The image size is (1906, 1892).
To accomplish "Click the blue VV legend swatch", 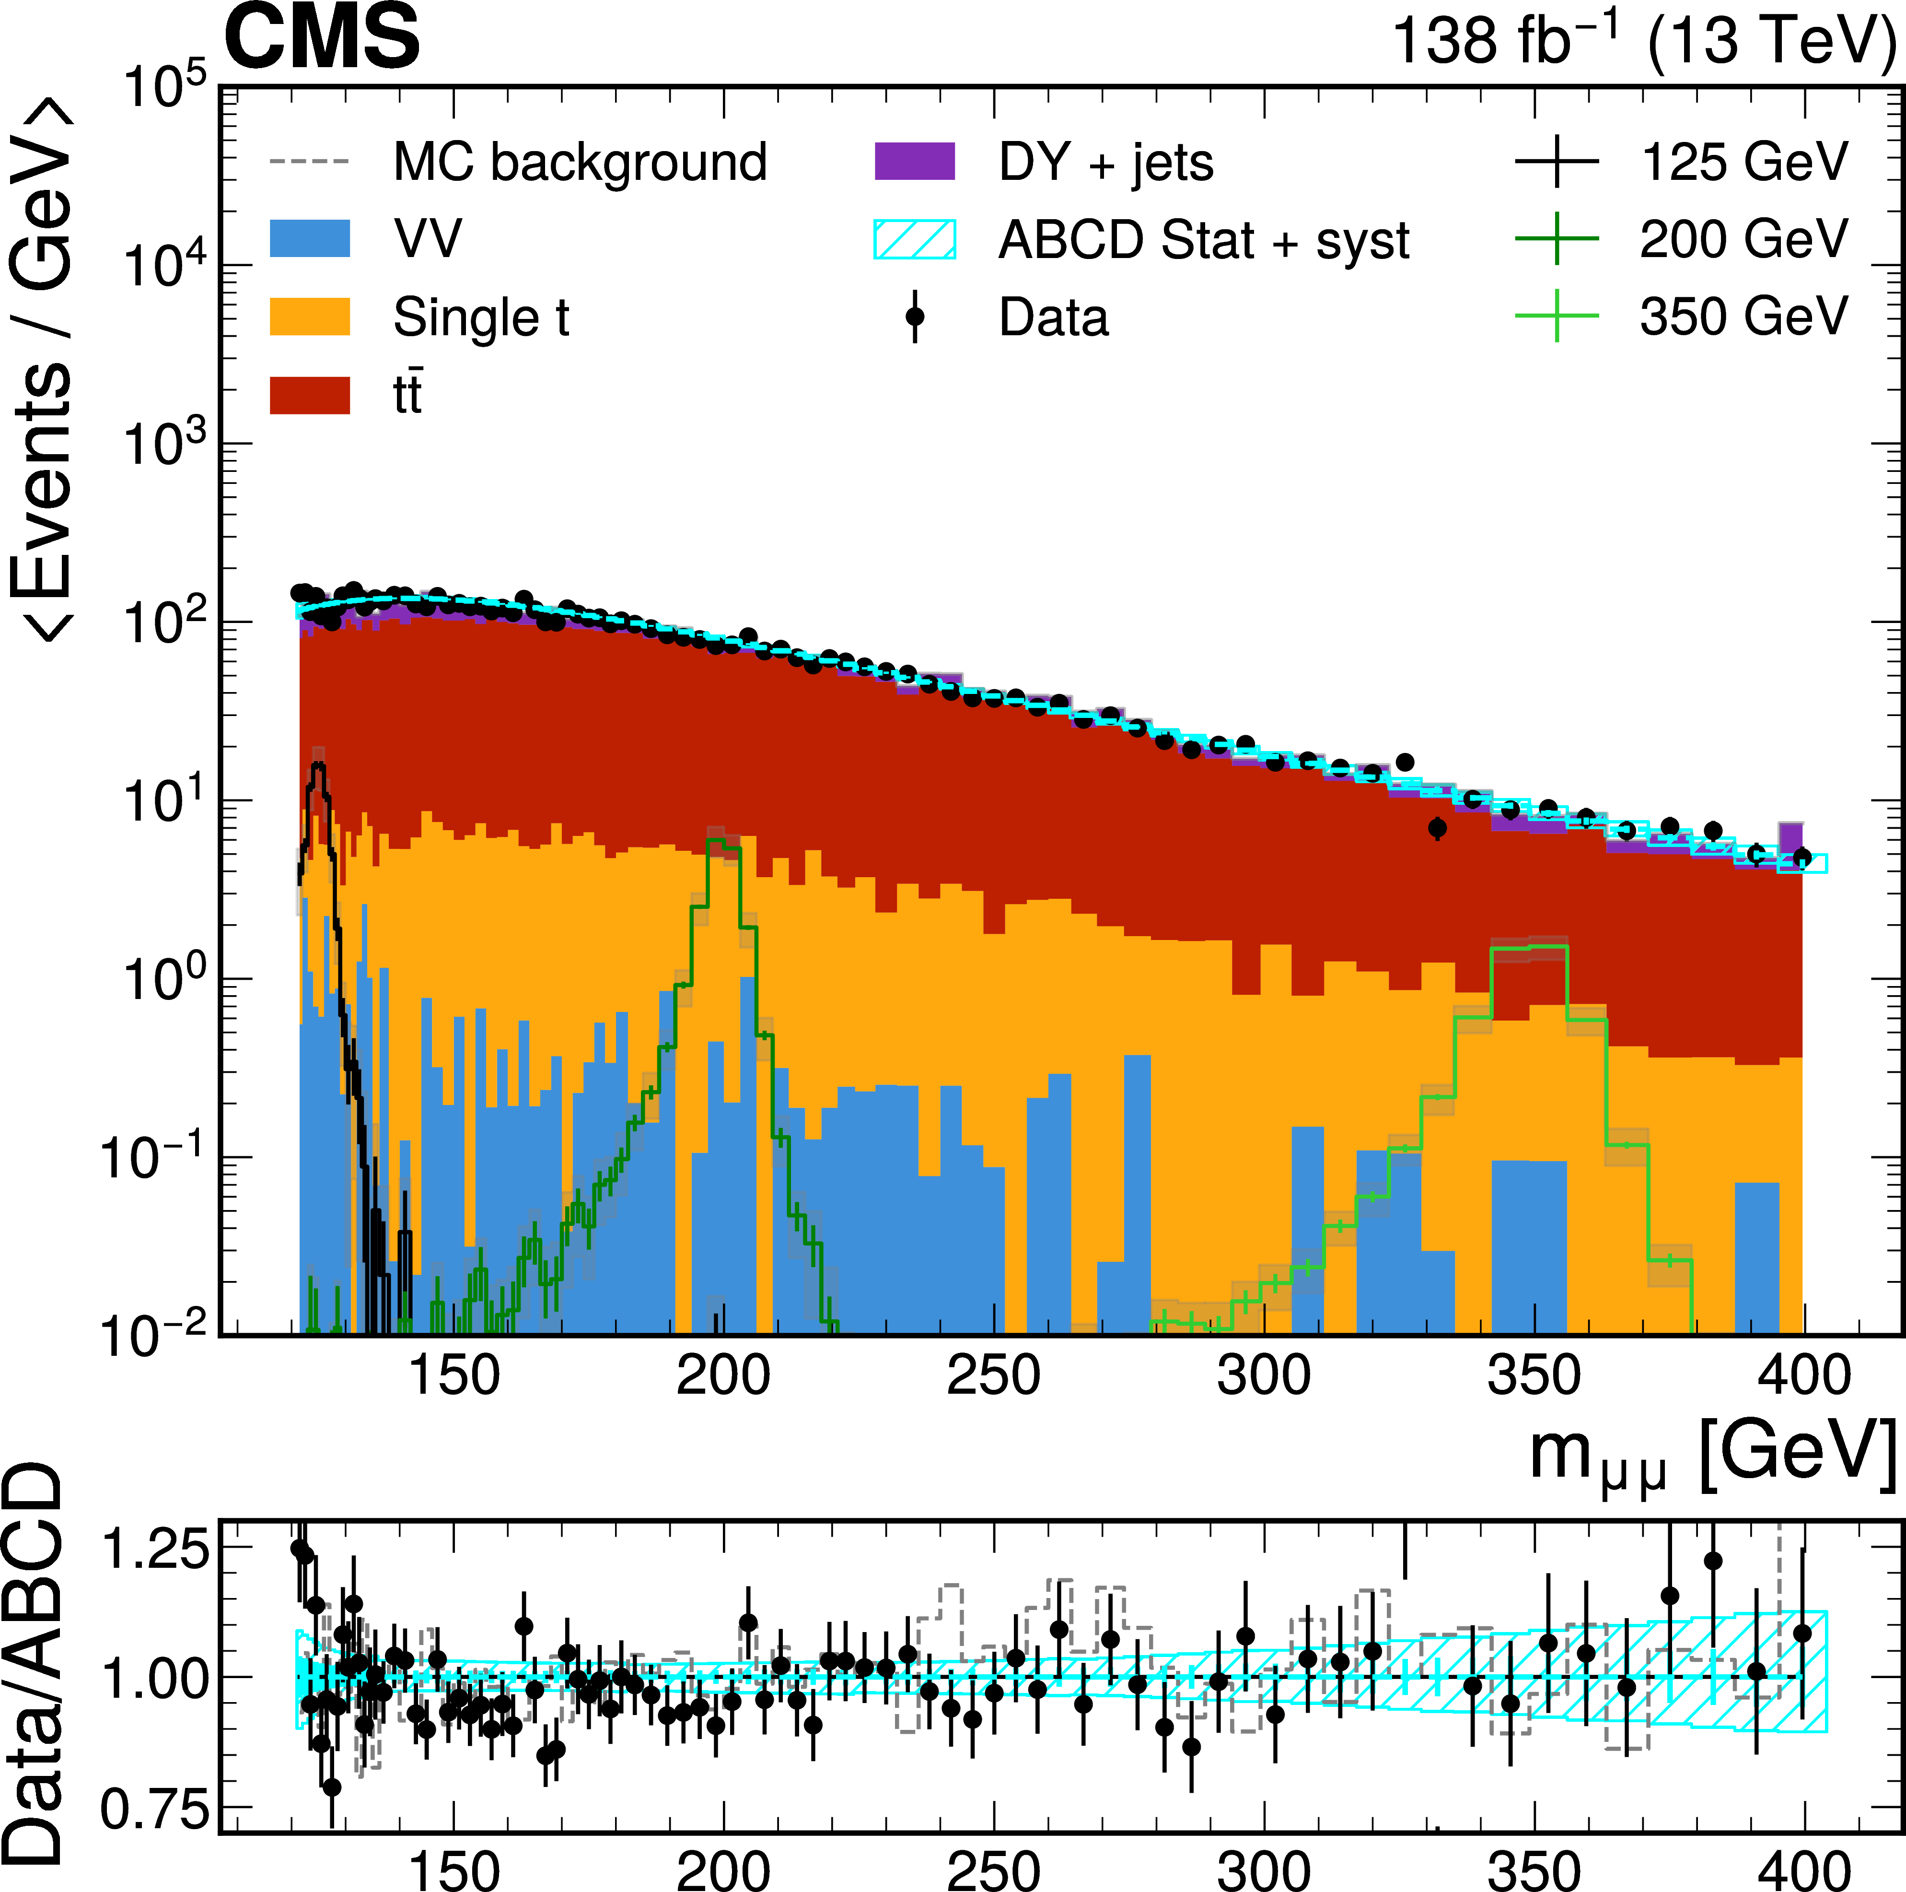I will (x=310, y=239).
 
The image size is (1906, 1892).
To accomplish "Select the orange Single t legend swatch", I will (x=310, y=317).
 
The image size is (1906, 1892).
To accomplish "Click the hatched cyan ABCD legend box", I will (x=915, y=239).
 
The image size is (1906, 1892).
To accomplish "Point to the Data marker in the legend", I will (x=915, y=317).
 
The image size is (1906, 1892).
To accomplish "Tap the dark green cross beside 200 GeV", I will (x=1557, y=239).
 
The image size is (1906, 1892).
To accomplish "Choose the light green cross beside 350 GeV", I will (x=1557, y=317).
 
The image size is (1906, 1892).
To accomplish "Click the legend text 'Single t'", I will (x=481, y=317).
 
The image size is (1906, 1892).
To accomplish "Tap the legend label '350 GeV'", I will (x=1743, y=317).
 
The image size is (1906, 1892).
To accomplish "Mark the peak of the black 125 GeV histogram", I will (x=318, y=765).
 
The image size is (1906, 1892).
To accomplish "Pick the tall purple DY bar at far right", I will (x=1790, y=837).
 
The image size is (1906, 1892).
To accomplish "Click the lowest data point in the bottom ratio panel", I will (x=333, y=1786).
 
